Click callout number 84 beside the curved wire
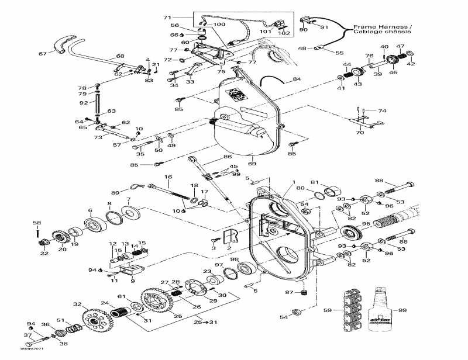pyautogui.click(x=297, y=79)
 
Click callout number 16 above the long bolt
pyautogui.click(x=168, y=176)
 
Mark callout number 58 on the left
pyautogui.click(x=37, y=223)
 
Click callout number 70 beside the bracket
pyautogui.click(x=359, y=133)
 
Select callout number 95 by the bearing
pyautogui.click(x=366, y=224)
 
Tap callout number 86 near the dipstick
pyautogui.click(x=227, y=158)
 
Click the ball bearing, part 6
pyautogui.click(x=94, y=224)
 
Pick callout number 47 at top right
pyautogui.click(x=400, y=46)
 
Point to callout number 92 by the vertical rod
pyautogui.click(x=84, y=103)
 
